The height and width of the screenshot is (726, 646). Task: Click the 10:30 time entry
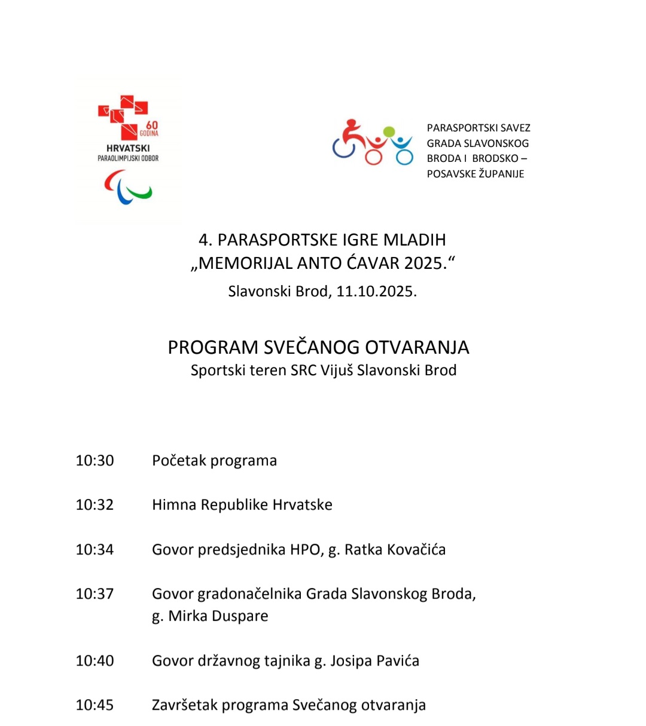pyautogui.click(x=95, y=461)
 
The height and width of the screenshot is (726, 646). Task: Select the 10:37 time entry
pyautogui.click(x=95, y=594)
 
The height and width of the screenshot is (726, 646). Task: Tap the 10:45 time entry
pyautogui.click(x=95, y=705)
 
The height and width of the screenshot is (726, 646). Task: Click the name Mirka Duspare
pyautogui.click(x=218, y=616)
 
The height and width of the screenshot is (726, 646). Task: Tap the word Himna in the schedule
pyautogui.click(x=174, y=505)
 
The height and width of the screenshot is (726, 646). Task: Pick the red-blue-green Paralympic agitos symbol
pyautogui.click(x=128, y=187)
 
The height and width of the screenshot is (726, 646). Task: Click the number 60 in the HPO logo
pyautogui.click(x=152, y=125)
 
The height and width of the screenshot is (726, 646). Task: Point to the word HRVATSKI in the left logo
pyautogui.click(x=128, y=148)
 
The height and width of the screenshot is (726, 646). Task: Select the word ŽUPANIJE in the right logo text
pyautogui.click(x=500, y=174)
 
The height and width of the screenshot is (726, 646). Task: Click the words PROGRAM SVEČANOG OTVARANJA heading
pyautogui.click(x=318, y=348)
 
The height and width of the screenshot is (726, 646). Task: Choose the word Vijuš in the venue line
pyautogui.click(x=337, y=370)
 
